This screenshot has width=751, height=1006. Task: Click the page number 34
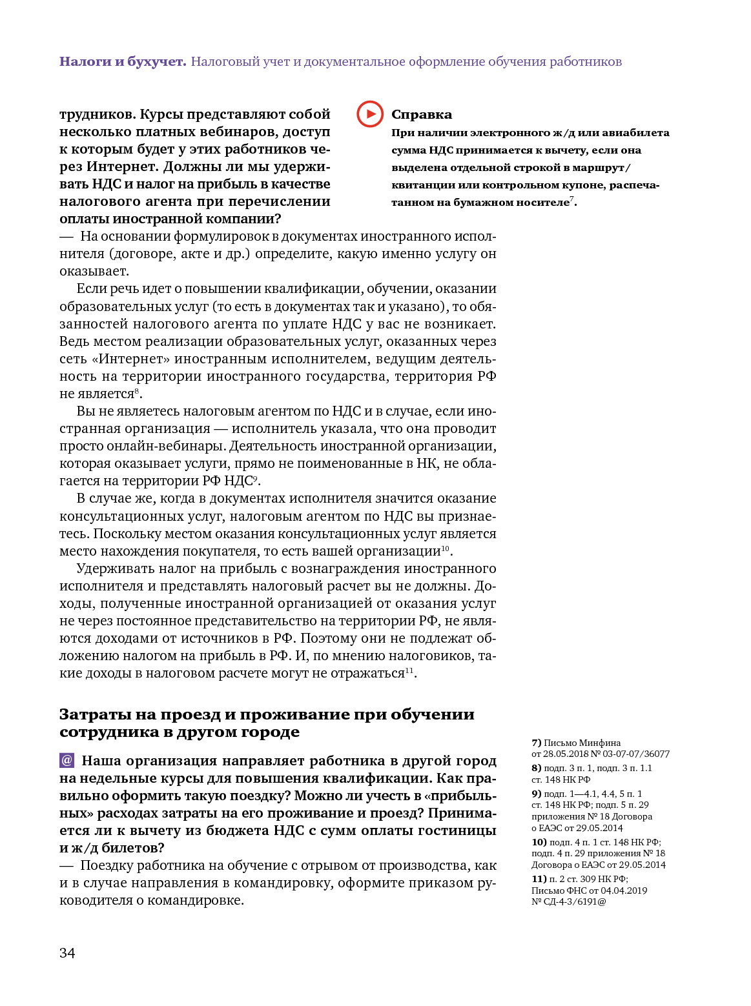[x=67, y=953]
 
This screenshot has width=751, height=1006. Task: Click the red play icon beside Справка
[x=370, y=114]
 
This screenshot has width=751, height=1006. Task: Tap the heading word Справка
[x=421, y=114]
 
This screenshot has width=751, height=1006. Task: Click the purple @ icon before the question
[x=67, y=760]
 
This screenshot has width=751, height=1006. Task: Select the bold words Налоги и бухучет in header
[x=123, y=61]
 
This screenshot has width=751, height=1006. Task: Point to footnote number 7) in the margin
[x=536, y=743]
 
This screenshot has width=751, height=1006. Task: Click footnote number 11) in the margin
[x=539, y=879]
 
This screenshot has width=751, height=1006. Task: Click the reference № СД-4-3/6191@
[x=569, y=901]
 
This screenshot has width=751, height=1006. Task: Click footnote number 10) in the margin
[x=539, y=842]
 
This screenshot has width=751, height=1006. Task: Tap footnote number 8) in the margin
[x=536, y=768]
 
